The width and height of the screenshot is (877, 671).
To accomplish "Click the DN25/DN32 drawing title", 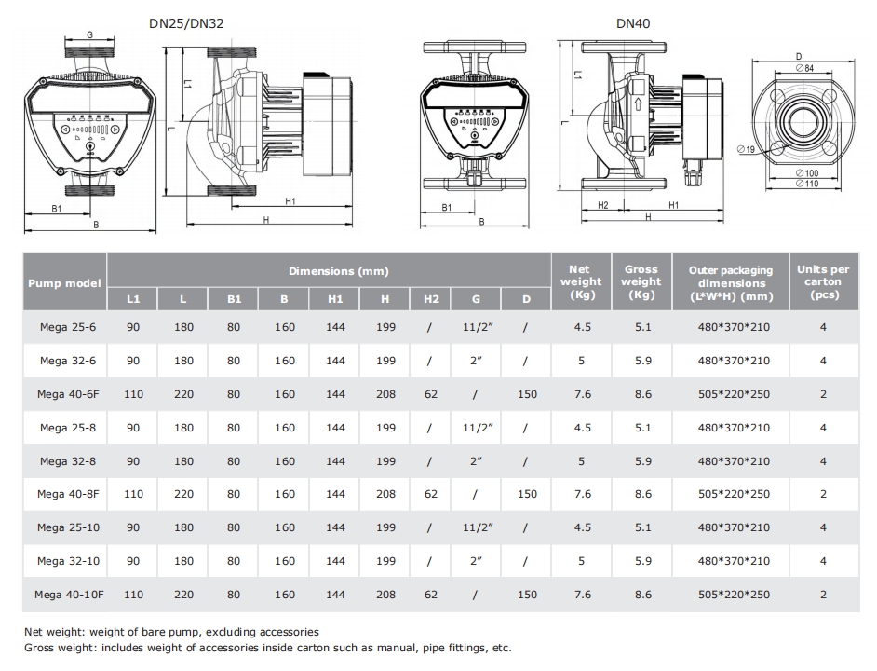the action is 186,23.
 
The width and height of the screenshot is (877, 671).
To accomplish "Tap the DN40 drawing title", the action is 633,23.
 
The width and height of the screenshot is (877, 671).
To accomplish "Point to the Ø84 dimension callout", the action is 804,68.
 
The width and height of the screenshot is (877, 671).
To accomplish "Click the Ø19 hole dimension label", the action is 746,149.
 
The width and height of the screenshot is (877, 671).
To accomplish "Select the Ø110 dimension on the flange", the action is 807,184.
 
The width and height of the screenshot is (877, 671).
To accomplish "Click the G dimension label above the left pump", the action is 89,34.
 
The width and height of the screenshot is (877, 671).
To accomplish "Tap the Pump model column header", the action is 64,283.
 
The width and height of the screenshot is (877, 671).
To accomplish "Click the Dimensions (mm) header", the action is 338,271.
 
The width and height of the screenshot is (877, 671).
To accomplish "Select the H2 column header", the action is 431,299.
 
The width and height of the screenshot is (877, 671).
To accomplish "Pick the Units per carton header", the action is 823,281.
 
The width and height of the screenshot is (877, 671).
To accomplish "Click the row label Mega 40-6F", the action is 68,394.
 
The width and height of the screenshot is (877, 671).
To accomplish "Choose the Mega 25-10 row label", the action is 68,527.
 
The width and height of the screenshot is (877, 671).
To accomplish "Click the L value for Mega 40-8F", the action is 183,494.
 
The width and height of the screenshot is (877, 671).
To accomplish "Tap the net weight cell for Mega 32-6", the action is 581,361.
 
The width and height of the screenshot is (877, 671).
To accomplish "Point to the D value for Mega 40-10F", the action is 527,595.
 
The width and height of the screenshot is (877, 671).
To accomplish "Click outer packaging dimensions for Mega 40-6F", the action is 734,394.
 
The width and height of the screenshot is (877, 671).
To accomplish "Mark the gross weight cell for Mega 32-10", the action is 642,561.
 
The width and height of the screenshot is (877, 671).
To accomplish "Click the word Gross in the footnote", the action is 39,648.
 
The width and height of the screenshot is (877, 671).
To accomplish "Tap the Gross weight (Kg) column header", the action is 641,281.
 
